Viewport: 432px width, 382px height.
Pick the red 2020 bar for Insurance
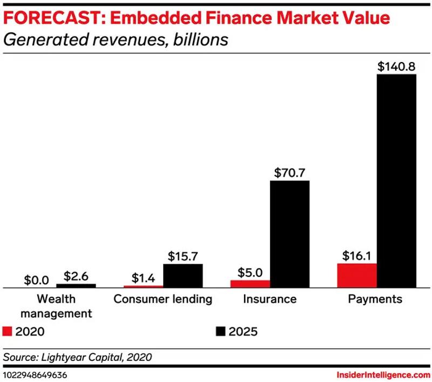click(x=250, y=284)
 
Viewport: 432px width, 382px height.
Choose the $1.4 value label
click(x=143, y=278)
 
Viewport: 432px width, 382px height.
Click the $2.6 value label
click(x=76, y=276)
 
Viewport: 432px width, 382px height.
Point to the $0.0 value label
click(x=37, y=280)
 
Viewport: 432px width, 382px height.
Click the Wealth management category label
click(x=56, y=306)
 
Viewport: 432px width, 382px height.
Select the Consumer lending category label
click(x=163, y=299)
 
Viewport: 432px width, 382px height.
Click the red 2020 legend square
click(x=7, y=331)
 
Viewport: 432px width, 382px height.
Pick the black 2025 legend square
click(x=220, y=331)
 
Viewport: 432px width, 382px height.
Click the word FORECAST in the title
click(x=52, y=18)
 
